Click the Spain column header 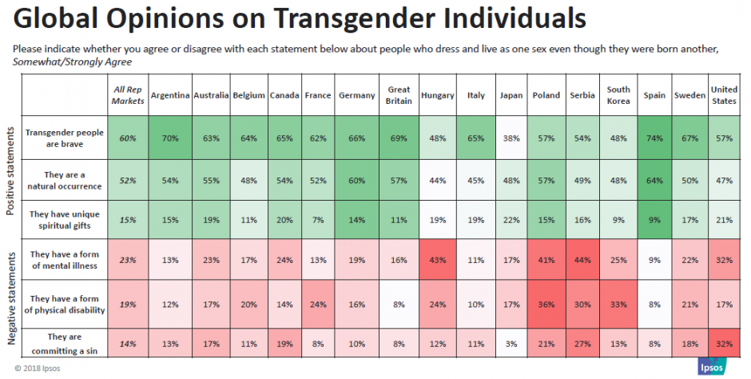654,95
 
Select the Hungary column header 437,95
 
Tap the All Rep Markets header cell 128,95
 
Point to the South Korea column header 618,95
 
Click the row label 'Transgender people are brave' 65,138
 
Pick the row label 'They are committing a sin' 65,344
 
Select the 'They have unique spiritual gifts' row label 65,220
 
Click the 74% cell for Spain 654,138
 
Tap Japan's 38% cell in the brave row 511,138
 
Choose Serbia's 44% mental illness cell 582,260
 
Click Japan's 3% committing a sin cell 511,344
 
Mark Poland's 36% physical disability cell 546,305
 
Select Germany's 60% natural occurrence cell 357,181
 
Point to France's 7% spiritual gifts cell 318,220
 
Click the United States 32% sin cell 724,344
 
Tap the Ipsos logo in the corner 712,366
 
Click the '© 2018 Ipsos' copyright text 38,369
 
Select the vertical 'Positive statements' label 10,171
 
